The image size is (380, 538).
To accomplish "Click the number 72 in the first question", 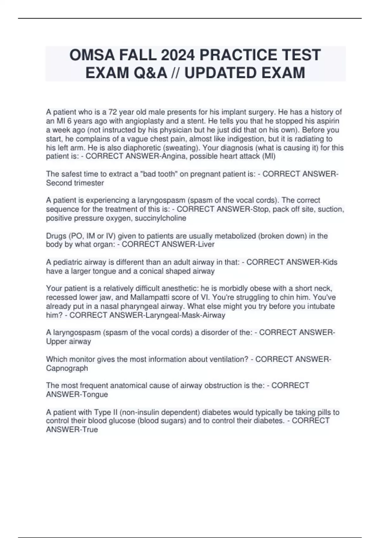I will (x=113, y=112).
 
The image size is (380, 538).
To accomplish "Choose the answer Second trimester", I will (x=75, y=183).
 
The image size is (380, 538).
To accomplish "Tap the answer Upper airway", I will (x=68, y=341).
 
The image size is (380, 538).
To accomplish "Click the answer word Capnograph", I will (x=67, y=368).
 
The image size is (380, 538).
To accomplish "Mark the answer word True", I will (x=90, y=430).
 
